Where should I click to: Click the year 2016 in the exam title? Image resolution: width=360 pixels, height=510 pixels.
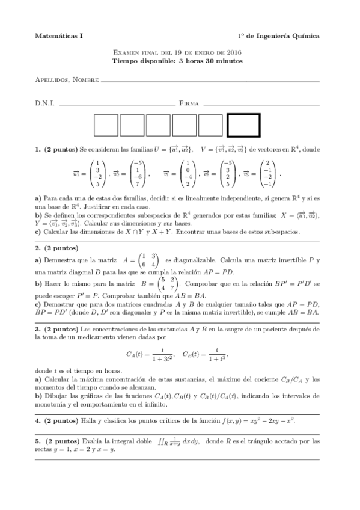click(x=235, y=53)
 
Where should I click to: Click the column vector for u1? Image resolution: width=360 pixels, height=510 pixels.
click(x=93, y=173)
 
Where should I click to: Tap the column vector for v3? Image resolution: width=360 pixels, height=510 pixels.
click(x=269, y=173)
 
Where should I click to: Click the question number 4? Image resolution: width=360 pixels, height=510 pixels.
click(x=38, y=420)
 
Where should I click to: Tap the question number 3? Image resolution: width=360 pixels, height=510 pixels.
click(x=38, y=329)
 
